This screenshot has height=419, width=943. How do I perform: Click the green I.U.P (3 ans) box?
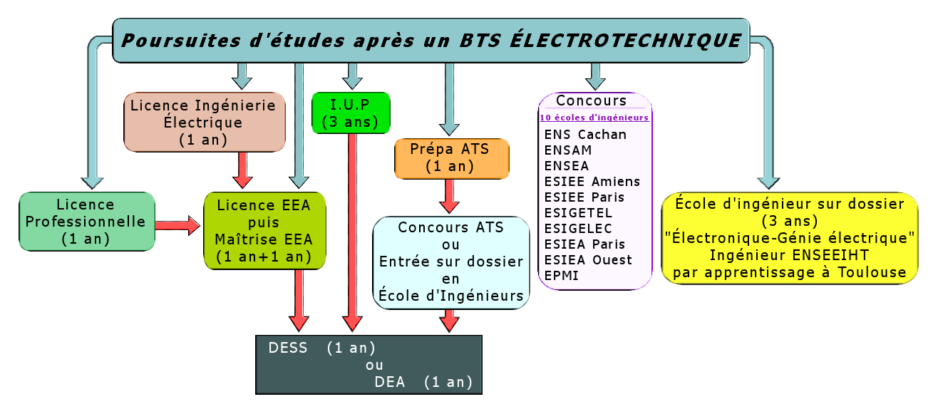(x=351, y=113)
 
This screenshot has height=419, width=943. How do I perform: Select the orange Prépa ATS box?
(x=452, y=159)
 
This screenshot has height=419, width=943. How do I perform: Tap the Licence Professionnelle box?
(x=87, y=222)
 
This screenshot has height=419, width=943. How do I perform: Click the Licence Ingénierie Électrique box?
(x=205, y=122)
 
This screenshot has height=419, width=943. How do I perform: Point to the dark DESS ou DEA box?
(x=369, y=365)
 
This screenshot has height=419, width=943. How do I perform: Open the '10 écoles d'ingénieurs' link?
(x=594, y=118)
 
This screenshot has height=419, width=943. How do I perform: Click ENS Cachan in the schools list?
(x=585, y=135)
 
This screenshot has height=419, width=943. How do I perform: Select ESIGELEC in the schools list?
(x=578, y=229)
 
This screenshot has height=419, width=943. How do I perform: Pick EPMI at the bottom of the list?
(x=561, y=276)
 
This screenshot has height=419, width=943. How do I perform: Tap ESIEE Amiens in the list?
(x=592, y=182)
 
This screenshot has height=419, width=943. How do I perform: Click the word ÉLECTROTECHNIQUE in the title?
(x=626, y=41)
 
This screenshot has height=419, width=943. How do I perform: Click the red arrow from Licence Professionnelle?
(x=177, y=225)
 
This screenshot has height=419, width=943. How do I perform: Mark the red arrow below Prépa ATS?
(x=449, y=196)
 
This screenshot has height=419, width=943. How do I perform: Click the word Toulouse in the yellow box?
(x=872, y=272)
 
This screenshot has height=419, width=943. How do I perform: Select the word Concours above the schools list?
(x=591, y=100)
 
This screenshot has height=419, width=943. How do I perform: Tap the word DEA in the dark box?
(x=389, y=382)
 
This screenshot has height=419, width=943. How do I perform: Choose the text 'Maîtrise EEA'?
(x=264, y=239)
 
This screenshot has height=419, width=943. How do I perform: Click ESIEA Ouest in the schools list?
(x=588, y=260)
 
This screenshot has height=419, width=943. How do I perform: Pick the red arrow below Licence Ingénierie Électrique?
(x=242, y=170)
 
